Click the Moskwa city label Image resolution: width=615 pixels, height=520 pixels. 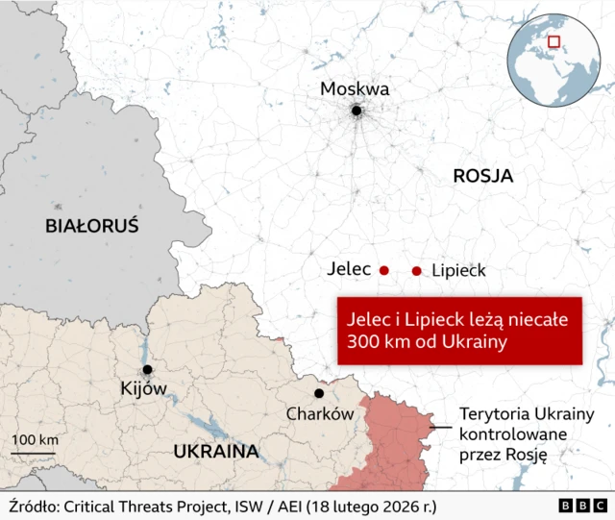(355, 89)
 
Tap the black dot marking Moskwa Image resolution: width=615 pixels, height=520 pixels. (357, 111)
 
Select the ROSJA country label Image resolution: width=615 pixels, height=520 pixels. (482, 176)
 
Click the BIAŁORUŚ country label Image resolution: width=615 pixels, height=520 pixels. (92, 227)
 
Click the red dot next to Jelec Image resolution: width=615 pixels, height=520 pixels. (383, 271)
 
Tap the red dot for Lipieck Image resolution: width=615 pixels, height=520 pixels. (416, 271)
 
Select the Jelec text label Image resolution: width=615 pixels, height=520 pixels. (349, 270)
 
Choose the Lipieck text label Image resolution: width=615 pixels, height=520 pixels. (459, 271)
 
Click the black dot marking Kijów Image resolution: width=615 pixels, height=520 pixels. (147, 370)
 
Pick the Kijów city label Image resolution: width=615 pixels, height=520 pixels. (144, 389)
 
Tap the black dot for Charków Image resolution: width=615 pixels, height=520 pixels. (318, 393)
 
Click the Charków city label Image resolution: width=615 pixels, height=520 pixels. (320, 413)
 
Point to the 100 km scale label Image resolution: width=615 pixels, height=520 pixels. (35, 440)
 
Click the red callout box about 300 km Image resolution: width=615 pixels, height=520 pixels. (459, 330)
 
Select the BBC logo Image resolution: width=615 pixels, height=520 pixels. (580, 506)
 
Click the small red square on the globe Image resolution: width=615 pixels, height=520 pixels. (553, 41)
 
